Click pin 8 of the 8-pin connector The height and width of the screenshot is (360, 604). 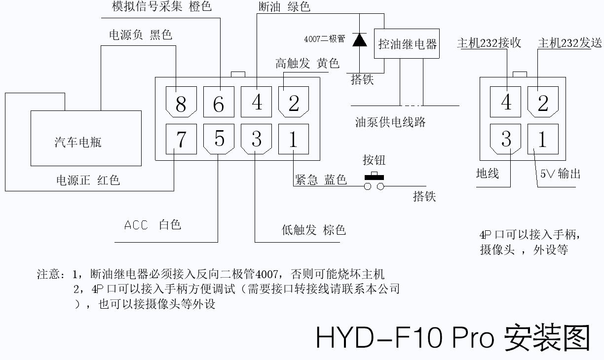pyautogui.click(x=181, y=102)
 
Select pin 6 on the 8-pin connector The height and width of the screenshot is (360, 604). pyautogui.click(x=219, y=102)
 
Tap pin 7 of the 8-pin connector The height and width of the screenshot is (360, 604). pyautogui.click(x=181, y=139)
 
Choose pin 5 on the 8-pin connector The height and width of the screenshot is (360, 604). pyautogui.click(x=219, y=139)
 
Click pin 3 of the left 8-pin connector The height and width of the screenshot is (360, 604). pyautogui.click(x=256, y=139)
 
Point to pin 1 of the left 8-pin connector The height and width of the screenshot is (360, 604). pyautogui.click(x=294, y=139)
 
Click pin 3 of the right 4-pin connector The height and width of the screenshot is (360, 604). pyautogui.click(x=506, y=139)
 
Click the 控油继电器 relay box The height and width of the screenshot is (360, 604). pyautogui.click(x=407, y=44)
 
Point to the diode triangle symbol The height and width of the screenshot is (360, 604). pyautogui.click(x=359, y=39)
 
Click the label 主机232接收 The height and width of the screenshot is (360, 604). pyautogui.click(x=489, y=43)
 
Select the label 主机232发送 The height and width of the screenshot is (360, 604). pyautogui.click(x=570, y=43)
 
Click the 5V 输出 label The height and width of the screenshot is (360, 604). pyautogui.click(x=560, y=174)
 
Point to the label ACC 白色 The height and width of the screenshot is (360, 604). pyautogui.click(x=152, y=225)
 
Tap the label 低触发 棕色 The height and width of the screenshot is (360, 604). pyautogui.click(x=313, y=230)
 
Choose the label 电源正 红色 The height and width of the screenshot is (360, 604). pyautogui.click(x=88, y=180)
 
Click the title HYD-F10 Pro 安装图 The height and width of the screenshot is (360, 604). pyautogui.click(x=453, y=337)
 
